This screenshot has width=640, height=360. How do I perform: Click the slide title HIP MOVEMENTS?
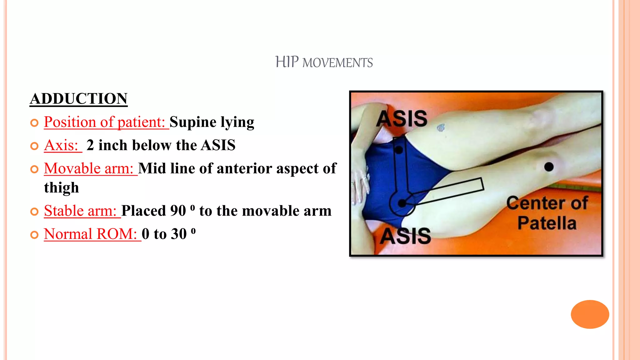coord(324,62)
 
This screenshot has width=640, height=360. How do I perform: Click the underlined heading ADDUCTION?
coord(78,99)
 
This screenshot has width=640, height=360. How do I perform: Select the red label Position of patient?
coord(104,122)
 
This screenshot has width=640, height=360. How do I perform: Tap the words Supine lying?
coord(212,122)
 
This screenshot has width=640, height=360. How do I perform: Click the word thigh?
coord(61,188)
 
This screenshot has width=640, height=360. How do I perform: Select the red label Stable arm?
coord(80,211)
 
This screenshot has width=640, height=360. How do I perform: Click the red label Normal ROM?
coord(91,234)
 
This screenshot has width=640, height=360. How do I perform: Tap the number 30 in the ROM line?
coord(178,234)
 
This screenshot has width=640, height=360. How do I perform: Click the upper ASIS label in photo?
coord(402,119)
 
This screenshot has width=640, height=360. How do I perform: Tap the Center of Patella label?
coord(547,213)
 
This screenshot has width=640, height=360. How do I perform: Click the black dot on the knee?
coord(549,167)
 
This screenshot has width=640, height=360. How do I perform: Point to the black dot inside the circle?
coord(402,203)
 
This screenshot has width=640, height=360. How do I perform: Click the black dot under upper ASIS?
coord(399,150)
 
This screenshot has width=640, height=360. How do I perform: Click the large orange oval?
coord(590,314)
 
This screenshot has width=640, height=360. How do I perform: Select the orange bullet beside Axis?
coord(34,146)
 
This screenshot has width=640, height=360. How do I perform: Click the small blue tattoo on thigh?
coord(441,127)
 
